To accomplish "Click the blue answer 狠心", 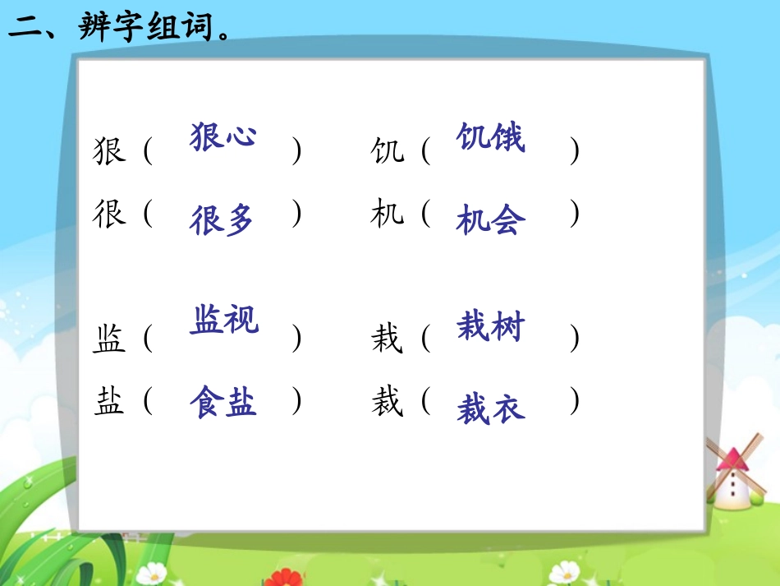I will (x=223, y=136).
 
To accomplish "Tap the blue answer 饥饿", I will (x=490, y=137).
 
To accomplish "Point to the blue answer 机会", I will (x=490, y=220).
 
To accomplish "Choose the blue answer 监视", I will (x=224, y=320).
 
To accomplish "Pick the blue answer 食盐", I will (x=223, y=402).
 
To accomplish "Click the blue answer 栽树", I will (x=490, y=327).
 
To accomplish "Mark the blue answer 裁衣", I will (x=490, y=408).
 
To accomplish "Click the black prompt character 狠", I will (x=109, y=151).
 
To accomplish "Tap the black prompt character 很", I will (x=109, y=214).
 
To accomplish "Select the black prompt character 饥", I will (x=387, y=151).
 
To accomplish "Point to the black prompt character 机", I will (x=387, y=214).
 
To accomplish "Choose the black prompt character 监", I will (x=109, y=339).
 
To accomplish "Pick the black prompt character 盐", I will (x=109, y=401).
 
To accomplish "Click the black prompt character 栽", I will (x=387, y=339).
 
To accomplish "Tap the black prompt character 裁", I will (x=387, y=401).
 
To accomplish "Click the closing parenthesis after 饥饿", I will (x=575, y=151).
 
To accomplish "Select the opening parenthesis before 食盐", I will (x=148, y=401).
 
